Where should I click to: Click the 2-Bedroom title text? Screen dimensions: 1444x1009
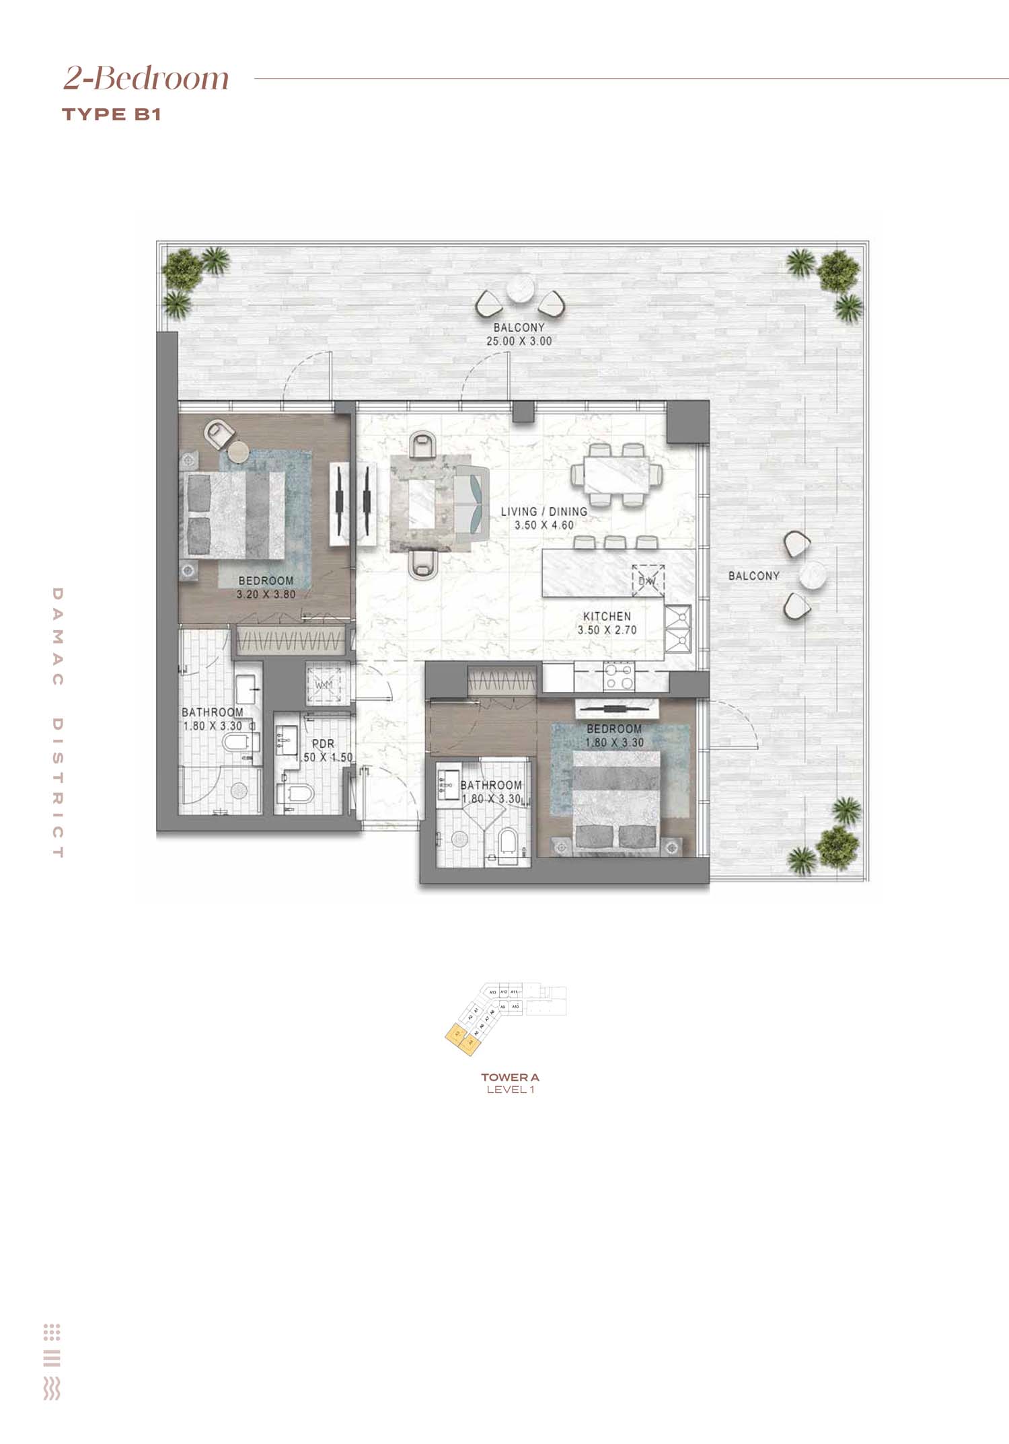147,78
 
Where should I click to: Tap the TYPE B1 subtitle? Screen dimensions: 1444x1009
112,114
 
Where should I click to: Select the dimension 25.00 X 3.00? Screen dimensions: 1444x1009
519,341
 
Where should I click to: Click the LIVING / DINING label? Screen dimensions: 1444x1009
544,512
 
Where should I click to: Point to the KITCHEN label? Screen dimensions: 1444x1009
607,616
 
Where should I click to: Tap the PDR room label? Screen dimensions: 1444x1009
323,744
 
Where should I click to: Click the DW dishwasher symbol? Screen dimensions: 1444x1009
648,580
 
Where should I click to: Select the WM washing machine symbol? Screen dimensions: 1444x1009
324,685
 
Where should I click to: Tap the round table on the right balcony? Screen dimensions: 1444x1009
812,576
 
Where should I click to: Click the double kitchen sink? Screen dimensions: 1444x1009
677,630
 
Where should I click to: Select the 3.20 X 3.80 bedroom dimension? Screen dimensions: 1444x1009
266,595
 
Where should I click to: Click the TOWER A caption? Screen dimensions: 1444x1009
510,1077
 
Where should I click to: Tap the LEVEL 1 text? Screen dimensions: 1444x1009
510,1090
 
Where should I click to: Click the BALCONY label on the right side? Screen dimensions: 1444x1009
753,576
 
